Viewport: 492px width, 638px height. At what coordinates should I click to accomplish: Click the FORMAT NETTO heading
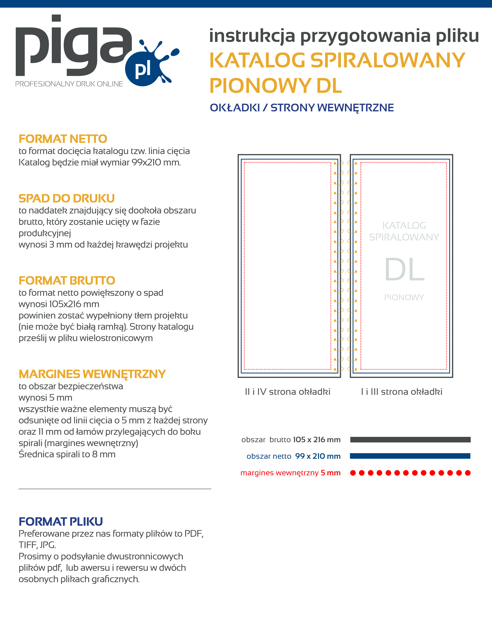[63, 139]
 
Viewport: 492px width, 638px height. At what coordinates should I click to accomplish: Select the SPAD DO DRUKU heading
[67, 199]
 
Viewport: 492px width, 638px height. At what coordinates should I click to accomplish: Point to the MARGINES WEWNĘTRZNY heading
[92, 374]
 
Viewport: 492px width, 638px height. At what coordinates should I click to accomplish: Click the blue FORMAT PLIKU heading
[61, 522]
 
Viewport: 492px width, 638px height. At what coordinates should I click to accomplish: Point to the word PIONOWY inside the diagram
[404, 297]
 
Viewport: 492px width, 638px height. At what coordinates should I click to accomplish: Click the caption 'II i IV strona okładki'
[287, 392]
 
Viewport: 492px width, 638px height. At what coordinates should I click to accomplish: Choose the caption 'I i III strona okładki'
[401, 392]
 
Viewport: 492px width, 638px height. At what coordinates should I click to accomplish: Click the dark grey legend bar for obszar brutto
[410, 440]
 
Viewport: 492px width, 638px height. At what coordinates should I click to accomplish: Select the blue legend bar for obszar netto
[410, 456]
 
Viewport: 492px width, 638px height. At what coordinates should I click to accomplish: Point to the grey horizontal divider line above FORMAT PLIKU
[115, 489]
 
